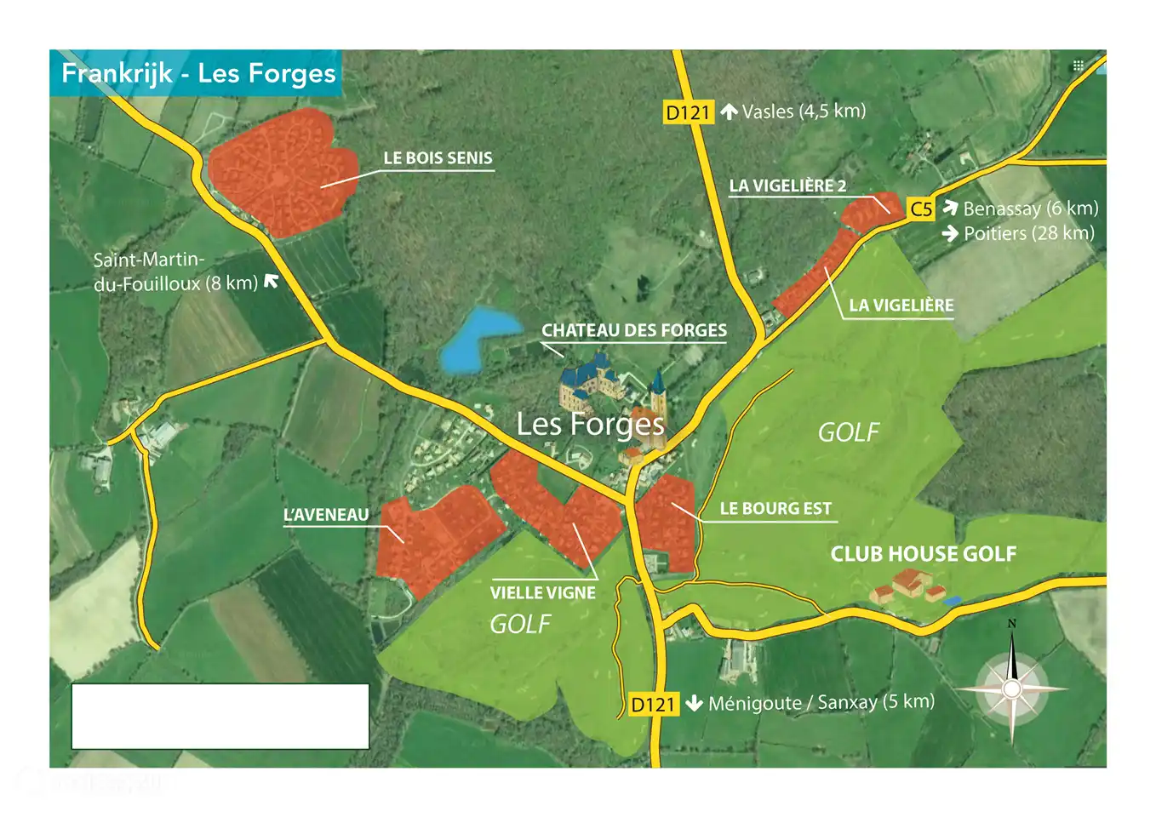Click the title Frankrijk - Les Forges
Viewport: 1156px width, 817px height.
(198, 73)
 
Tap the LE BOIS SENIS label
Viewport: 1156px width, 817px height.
(438, 158)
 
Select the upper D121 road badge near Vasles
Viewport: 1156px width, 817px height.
(688, 112)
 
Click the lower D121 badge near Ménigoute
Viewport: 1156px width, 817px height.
(653, 705)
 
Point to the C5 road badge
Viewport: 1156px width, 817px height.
(921, 209)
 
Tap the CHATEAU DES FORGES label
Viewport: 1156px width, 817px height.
(634, 330)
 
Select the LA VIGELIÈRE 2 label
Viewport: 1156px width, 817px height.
(787, 186)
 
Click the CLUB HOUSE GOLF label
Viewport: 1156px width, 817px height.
(923, 554)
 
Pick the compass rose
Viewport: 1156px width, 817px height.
(1011, 688)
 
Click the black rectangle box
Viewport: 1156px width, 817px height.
(220, 716)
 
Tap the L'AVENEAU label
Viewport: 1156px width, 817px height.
(326, 515)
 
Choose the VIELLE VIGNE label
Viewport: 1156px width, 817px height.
(542, 593)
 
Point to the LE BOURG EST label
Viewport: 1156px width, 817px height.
(775, 509)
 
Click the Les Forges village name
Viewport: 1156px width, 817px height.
(590, 424)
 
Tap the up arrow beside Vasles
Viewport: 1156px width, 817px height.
(729, 111)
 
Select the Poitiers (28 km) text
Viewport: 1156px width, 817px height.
(1028, 233)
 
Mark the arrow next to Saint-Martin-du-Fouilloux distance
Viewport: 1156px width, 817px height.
(272, 281)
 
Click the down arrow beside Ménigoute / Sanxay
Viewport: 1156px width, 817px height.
(694, 704)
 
